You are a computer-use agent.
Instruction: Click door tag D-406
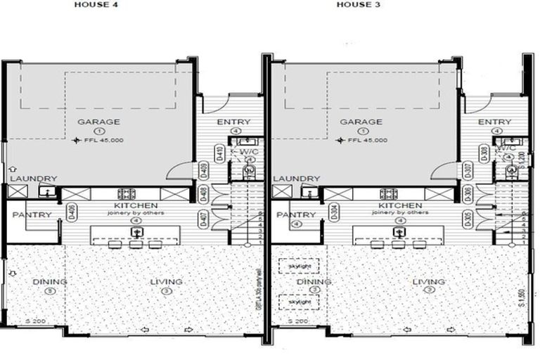[72, 212]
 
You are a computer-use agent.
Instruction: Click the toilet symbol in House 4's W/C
[247, 171]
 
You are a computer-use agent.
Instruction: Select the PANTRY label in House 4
[32, 214]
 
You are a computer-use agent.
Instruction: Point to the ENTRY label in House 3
[495, 122]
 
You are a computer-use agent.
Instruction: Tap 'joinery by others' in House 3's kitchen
[400, 212]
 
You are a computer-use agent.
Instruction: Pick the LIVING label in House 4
[166, 281]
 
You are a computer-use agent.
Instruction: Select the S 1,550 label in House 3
[522, 297]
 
